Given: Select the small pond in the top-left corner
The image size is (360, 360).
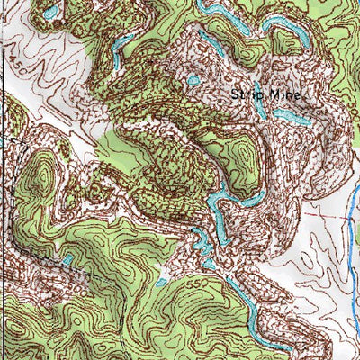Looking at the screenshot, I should tap(52, 11).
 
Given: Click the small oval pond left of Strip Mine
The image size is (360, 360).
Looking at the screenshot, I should tap(193, 81).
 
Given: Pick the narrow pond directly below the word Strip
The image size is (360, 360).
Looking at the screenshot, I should tap(259, 108).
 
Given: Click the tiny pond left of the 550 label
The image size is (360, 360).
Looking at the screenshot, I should tap(162, 282).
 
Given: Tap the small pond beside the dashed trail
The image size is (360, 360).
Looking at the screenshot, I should tap(67, 260).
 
